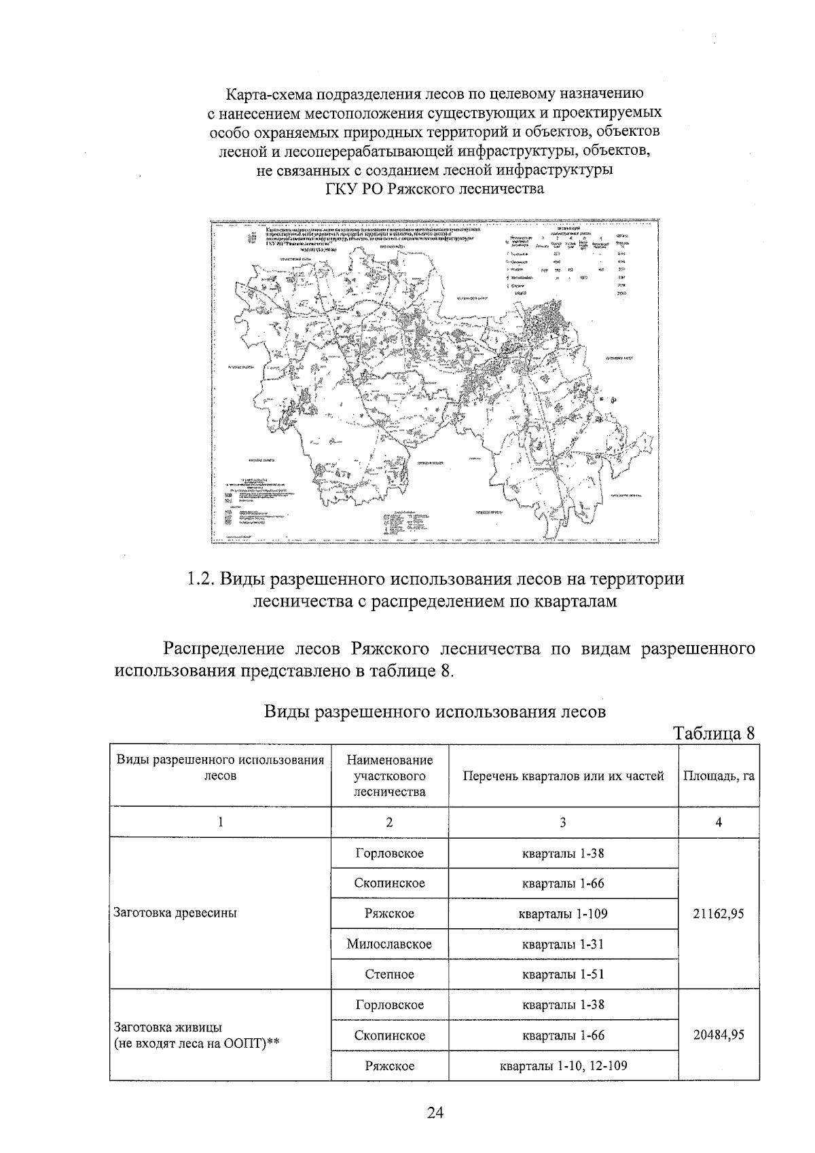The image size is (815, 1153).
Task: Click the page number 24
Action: coord(435,1112)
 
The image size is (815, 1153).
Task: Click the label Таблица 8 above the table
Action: coord(713,734)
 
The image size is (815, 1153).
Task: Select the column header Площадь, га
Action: coord(719,776)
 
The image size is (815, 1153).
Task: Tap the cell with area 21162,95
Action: coord(719,914)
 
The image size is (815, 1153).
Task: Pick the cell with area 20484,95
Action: coord(719,1036)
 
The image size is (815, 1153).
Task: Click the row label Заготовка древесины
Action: coord(175,913)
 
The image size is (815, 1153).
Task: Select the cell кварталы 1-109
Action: coord(563,914)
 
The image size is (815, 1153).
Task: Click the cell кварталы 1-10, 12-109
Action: coord(563,1066)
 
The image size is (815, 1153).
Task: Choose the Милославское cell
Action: coord(389,945)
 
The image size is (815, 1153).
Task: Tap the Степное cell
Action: coord(389,974)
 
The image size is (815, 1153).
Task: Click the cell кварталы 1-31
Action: coord(563,945)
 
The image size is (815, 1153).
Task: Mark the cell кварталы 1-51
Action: coord(563,974)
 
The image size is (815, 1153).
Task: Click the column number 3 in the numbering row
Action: coord(563,822)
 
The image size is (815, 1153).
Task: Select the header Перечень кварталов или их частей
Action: coord(563,776)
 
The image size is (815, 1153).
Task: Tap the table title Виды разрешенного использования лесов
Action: coord(434,712)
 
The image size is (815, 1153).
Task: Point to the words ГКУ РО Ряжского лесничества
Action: coord(435,189)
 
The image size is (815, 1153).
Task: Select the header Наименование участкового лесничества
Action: coord(389,776)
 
